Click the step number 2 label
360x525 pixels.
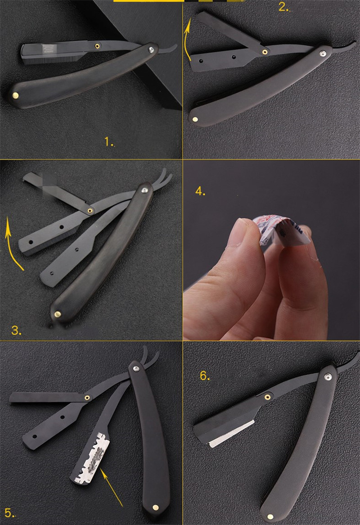tap(283, 7)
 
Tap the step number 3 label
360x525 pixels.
tap(16, 330)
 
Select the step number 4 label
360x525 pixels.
tap(200, 191)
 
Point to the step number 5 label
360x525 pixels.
tap(9, 513)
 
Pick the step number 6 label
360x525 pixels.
tap(204, 376)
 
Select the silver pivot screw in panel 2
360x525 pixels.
tap(323, 54)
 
